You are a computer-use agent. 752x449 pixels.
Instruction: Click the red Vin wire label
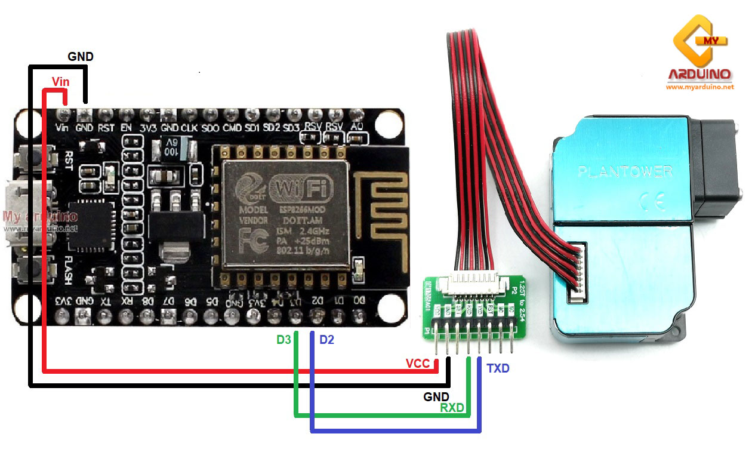pyautogui.click(x=60, y=81)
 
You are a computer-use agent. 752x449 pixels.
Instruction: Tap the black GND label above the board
pyautogui.click(x=81, y=57)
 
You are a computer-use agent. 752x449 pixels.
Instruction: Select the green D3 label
pyautogui.click(x=283, y=340)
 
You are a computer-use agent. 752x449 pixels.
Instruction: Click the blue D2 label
pyautogui.click(x=326, y=340)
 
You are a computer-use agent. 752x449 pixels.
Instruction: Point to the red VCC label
pyautogui.click(x=418, y=364)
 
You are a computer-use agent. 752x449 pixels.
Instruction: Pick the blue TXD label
pyautogui.click(x=498, y=368)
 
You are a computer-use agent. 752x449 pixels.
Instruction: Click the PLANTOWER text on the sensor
pyautogui.click(x=625, y=172)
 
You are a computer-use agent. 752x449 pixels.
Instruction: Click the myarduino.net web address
pyautogui.click(x=699, y=87)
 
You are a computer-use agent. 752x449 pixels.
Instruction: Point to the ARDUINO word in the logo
pyautogui.click(x=699, y=75)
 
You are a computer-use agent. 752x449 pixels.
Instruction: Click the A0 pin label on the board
pyautogui.click(x=356, y=127)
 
